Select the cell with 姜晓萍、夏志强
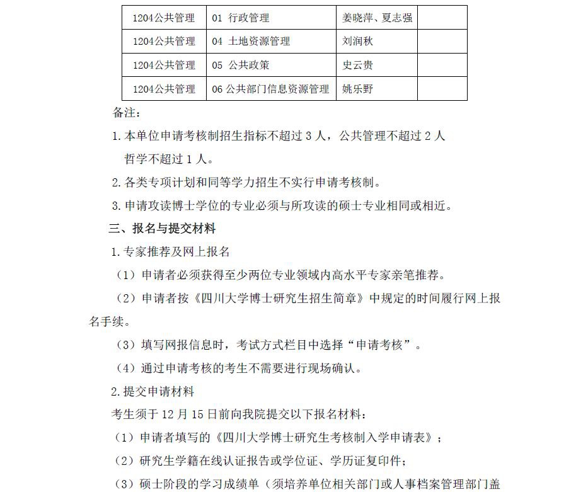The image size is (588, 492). (377, 18)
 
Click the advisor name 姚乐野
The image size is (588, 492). (358, 89)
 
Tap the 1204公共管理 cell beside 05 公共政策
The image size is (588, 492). (164, 65)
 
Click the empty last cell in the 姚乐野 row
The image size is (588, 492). (442, 89)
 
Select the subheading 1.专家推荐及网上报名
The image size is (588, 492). (170, 252)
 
